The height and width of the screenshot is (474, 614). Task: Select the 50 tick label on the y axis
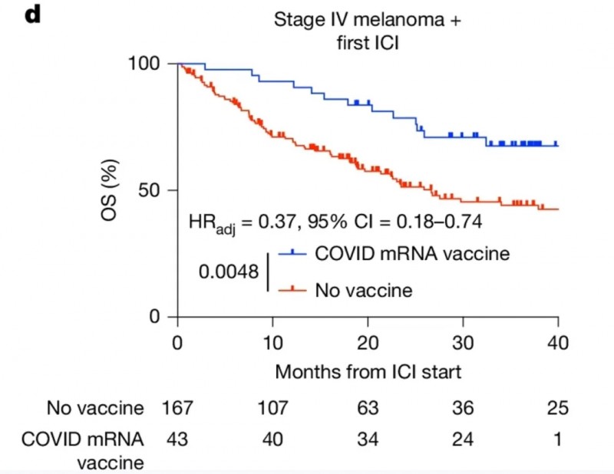pos(154,190)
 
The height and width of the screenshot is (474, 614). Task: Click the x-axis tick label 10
pos(272,342)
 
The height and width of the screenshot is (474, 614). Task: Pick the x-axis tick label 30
pos(463,342)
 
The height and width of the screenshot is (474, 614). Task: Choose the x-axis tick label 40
pos(558,342)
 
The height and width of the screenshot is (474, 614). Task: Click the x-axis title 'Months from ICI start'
pos(368,372)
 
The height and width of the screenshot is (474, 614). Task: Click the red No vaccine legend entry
pos(364,290)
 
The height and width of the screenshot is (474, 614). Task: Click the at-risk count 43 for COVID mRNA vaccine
pos(178,440)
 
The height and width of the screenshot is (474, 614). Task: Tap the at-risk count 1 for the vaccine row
pos(558,440)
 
